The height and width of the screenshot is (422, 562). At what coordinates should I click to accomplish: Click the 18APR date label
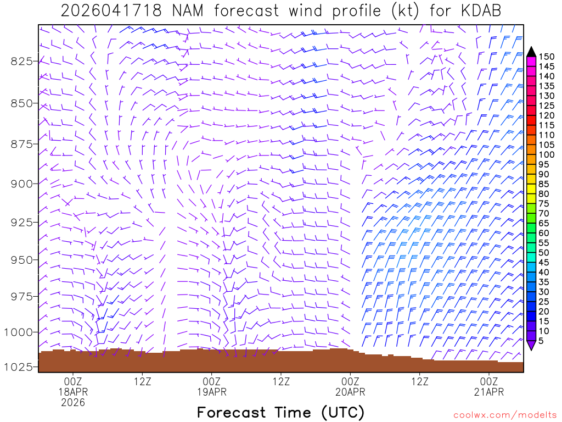73,392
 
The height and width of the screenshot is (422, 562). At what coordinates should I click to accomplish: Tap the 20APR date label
350,392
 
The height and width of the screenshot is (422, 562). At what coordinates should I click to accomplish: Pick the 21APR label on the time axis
489,392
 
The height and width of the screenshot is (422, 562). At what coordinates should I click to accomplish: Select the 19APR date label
211,392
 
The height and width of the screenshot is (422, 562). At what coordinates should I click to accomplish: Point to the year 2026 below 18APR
73,403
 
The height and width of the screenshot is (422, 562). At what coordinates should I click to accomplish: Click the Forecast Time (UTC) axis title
280,412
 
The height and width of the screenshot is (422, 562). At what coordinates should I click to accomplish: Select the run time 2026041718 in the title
111,11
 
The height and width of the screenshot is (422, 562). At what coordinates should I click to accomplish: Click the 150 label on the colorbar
546,57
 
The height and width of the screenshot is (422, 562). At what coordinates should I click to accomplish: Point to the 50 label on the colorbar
544,252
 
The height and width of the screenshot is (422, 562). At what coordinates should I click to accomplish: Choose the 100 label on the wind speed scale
546,154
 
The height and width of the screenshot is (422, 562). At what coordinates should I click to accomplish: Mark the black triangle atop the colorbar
531,52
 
